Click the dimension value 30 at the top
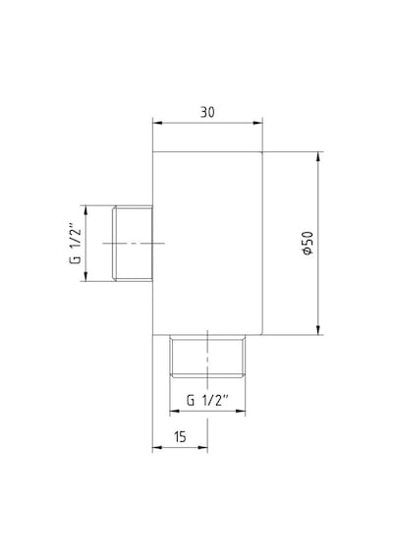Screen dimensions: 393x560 point(207,112)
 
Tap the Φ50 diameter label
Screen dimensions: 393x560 point(308,243)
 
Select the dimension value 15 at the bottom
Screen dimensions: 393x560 point(180,436)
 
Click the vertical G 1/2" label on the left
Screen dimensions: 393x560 point(75,244)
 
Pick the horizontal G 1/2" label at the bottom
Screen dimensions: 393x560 point(207,400)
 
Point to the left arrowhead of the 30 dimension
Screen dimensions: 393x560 point(157,123)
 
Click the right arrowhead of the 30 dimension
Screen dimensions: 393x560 point(257,123)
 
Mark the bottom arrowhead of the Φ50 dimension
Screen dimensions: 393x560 point(318,330)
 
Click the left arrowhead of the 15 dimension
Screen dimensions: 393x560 point(157,447)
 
